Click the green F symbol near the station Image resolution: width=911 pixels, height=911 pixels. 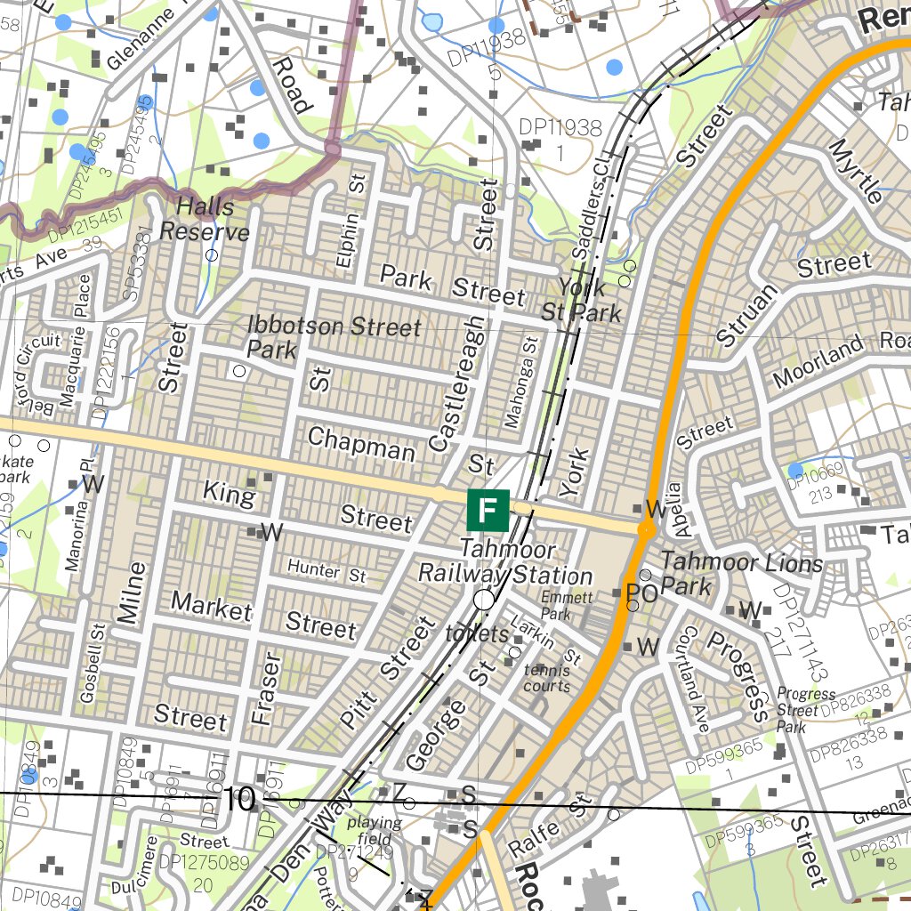(x=488, y=511)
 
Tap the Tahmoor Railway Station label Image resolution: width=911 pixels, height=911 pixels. (x=505, y=563)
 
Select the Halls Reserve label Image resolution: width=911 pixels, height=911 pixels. (x=205, y=220)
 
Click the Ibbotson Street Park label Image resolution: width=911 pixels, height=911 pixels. (x=333, y=336)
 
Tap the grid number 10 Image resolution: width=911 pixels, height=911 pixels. (x=240, y=799)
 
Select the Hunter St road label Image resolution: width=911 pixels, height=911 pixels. (x=327, y=571)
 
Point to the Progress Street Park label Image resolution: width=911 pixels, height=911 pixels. (x=805, y=709)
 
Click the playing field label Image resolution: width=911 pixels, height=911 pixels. (x=374, y=830)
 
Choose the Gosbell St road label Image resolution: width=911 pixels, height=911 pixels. (x=92, y=663)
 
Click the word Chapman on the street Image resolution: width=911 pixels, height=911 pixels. (x=360, y=442)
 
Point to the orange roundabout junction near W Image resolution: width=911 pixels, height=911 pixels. (x=646, y=528)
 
